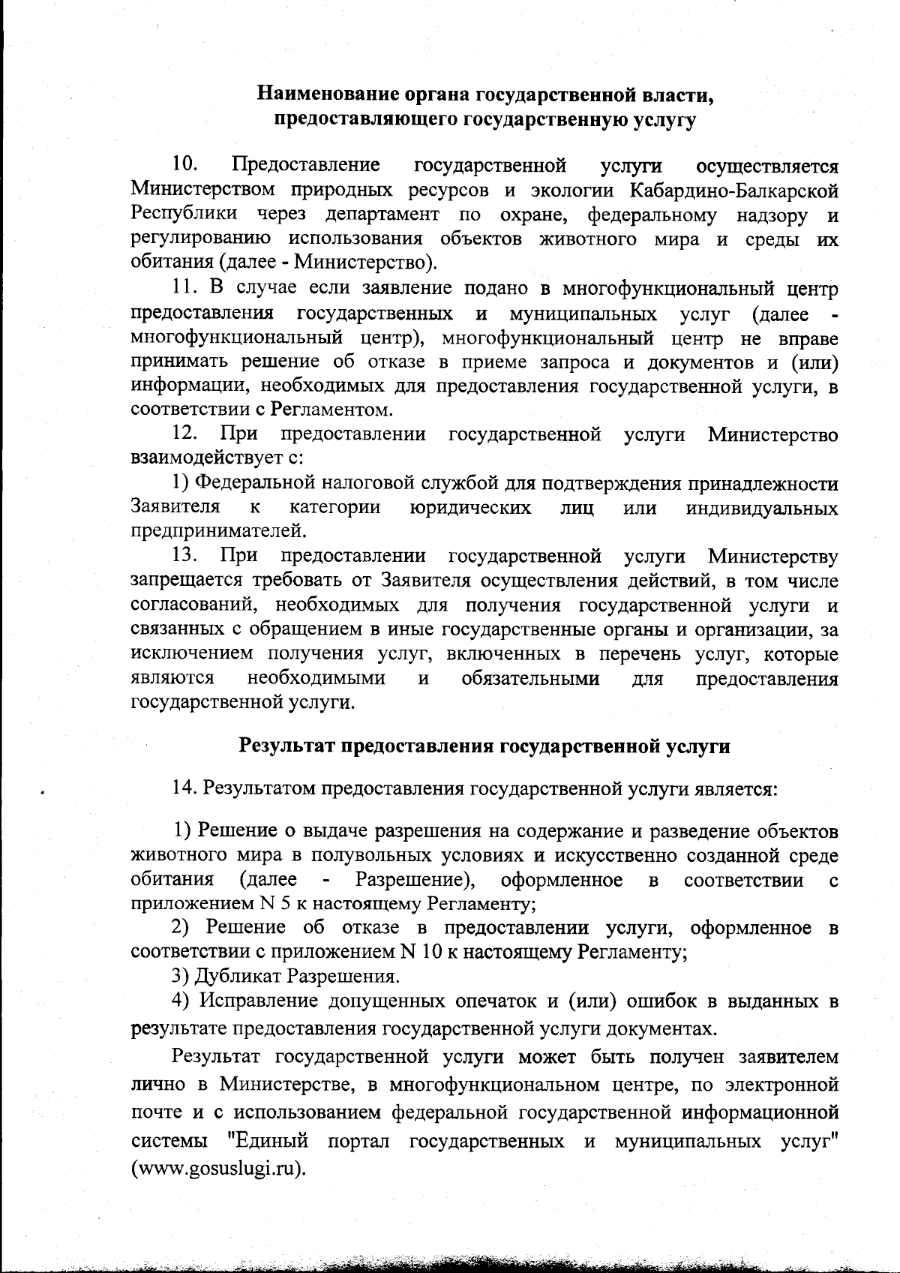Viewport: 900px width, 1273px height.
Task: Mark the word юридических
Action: click(471, 508)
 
